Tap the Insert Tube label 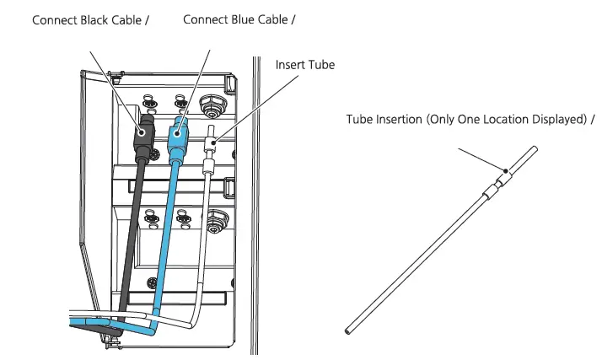(x=305, y=65)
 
